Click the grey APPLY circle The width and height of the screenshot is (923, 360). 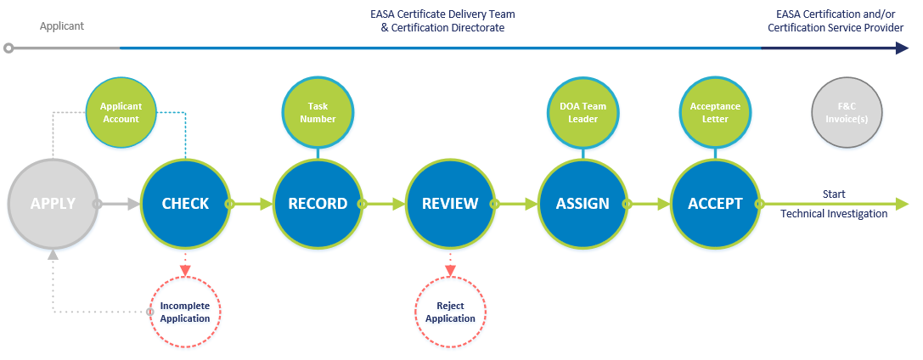(x=53, y=204)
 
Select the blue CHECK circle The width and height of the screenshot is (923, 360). (x=185, y=204)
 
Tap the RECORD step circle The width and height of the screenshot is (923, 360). (x=318, y=204)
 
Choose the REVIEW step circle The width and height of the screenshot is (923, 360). (x=450, y=204)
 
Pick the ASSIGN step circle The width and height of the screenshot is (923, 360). (x=583, y=204)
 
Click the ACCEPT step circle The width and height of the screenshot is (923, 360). (x=715, y=204)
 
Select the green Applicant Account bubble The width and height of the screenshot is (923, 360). (x=120, y=113)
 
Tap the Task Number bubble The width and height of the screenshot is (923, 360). (x=318, y=113)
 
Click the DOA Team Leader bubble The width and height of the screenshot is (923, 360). (x=583, y=113)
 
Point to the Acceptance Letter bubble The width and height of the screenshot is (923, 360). (x=715, y=113)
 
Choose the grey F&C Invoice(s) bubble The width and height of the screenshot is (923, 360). (x=847, y=113)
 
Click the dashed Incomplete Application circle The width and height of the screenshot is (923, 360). (x=185, y=312)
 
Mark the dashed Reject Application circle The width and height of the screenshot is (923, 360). (x=450, y=312)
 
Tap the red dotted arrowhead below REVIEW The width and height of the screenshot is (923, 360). (x=450, y=271)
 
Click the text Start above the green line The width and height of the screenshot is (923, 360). (x=834, y=194)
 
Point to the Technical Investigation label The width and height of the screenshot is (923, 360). (x=834, y=214)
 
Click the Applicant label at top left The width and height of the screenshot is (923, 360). (x=62, y=26)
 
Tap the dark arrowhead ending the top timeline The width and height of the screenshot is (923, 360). (x=903, y=48)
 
